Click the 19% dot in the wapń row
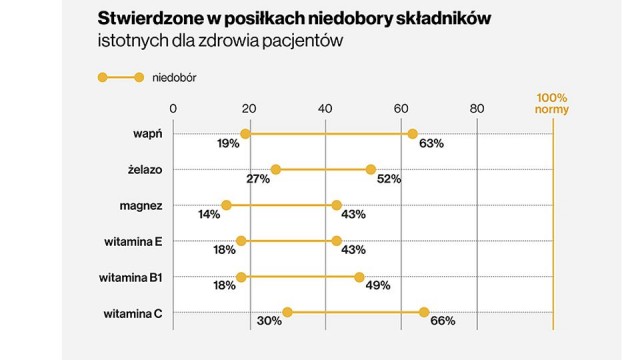[x=245, y=134]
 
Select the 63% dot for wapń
[x=412, y=134]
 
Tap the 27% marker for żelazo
[x=276, y=170]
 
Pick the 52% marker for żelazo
[x=370, y=170]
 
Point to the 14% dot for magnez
[x=227, y=205]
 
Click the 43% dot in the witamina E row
[x=336, y=241]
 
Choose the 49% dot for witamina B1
[x=359, y=277]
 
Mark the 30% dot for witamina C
[x=287, y=313]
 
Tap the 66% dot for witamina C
[x=423, y=313]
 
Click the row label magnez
[x=140, y=205]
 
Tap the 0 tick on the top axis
[x=174, y=108]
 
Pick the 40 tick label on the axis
[x=325, y=108]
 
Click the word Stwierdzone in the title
[x=147, y=19]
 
